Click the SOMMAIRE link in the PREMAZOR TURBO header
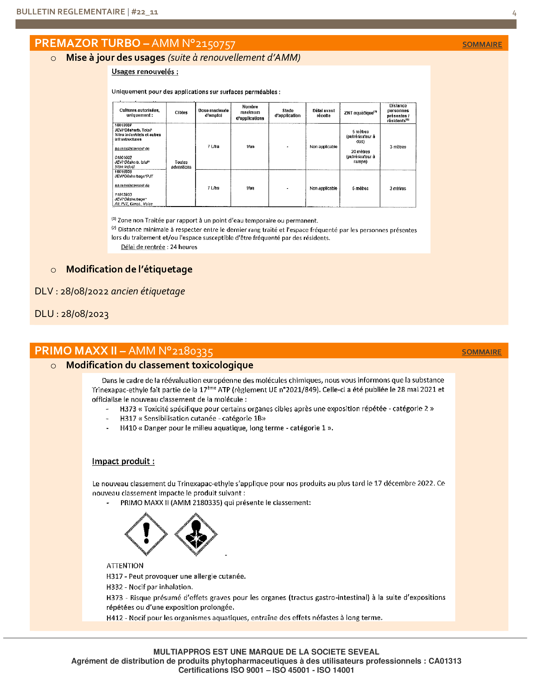[x=482, y=44]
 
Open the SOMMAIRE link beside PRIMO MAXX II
[x=481, y=352]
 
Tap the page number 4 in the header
[x=514, y=13]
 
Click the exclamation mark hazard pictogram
[x=146, y=534]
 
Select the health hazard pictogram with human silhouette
[x=196, y=534]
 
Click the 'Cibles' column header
[x=181, y=113]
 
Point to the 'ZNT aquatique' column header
[x=360, y=113]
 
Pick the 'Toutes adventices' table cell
[x=181, y=165]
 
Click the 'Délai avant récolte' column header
[x=323, y=113]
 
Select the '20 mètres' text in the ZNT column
[x=360, y=152]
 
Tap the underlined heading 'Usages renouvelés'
[x=145, y=72]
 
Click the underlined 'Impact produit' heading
[x=123, y=461]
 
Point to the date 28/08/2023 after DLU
[x=85, y=314]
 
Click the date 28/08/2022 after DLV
[x=84, y=292]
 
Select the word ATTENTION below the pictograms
[x=125, y=566]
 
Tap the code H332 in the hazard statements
[x=114, y=587]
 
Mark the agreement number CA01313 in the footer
[x=445, y=661]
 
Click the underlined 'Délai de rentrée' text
[x=143, y=247]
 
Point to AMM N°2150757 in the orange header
[x=193, y=43]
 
